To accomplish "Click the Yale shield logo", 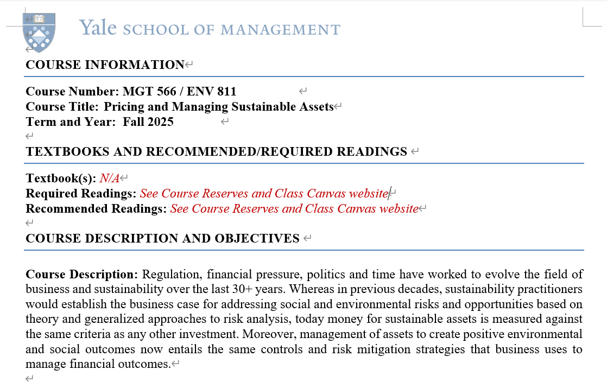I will click(x=39, y=32).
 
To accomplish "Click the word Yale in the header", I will click(x=98, y=28).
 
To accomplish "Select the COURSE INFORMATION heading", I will click(x=105, y=65).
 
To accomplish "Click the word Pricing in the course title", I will click(x=124, y=106).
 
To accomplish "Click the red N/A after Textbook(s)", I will click(x=110, y=178).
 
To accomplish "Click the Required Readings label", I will click(x=81, y=193).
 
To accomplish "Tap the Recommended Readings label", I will click(x=96, y=208).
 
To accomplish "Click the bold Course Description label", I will click(x=82, y=274).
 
